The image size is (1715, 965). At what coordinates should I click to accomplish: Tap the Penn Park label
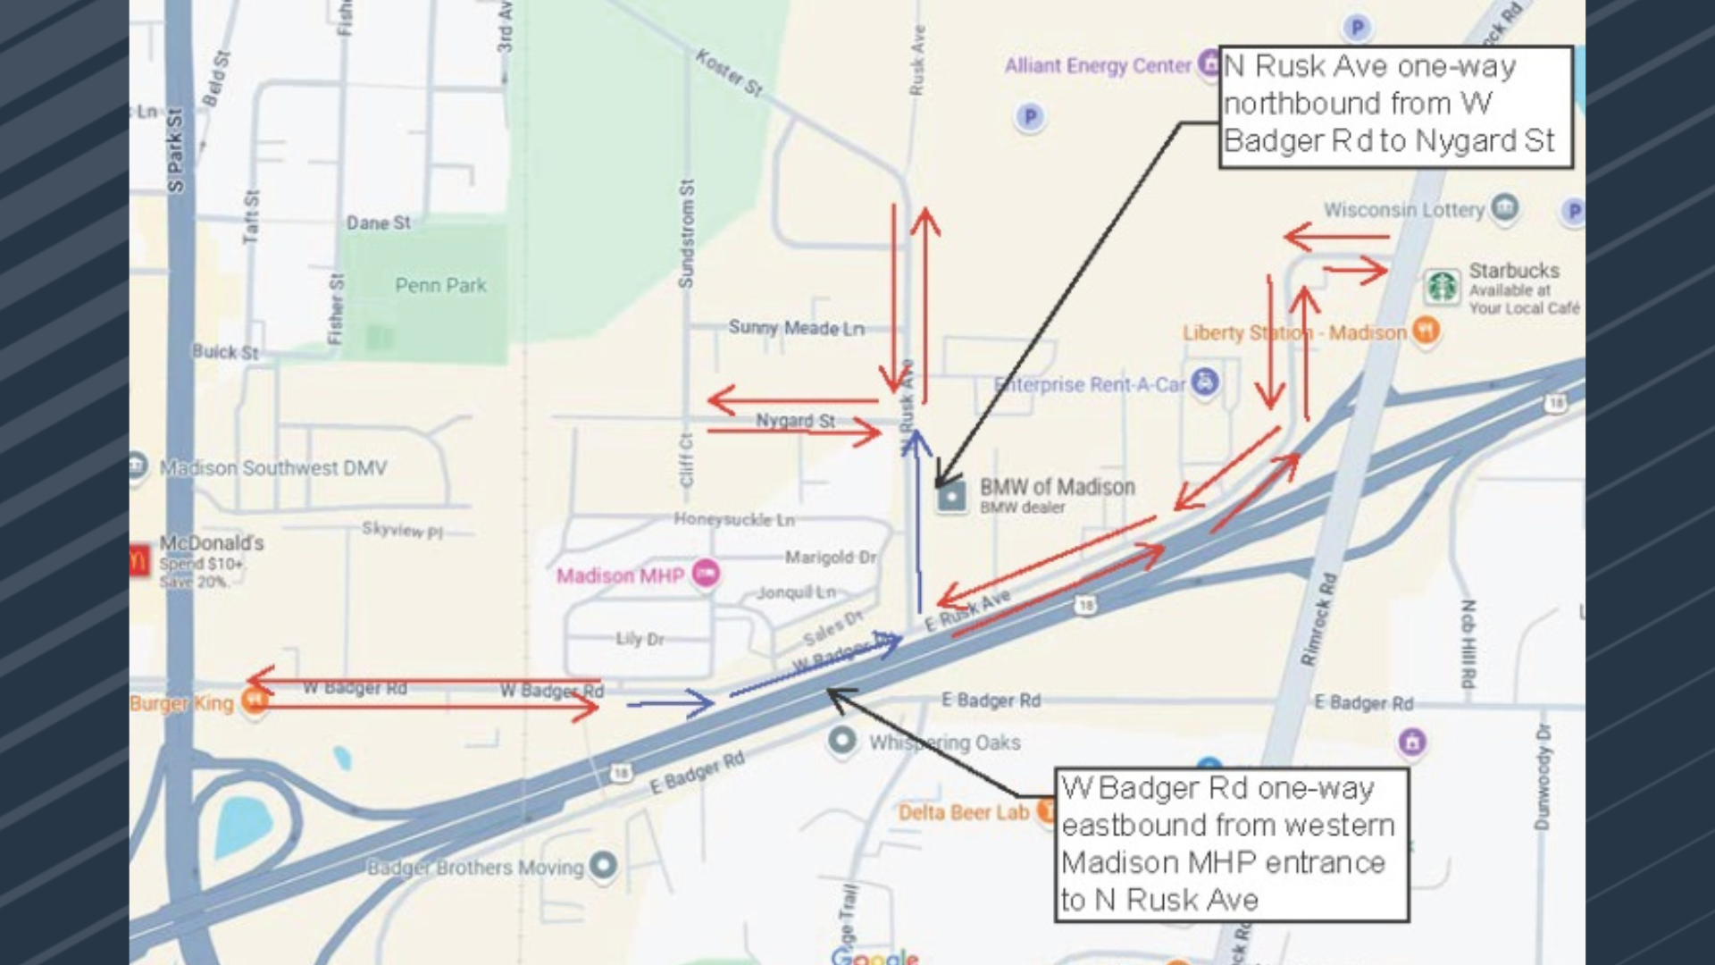pyautogui.click(x=440, y=286)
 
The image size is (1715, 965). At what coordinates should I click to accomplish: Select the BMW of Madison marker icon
pyautogui.click(x=951, y=497)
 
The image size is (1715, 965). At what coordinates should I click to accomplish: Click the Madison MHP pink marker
pyautogui.click(x=706, y=574)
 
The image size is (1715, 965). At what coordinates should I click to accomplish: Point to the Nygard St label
pyautogui.click(x=795, y=420)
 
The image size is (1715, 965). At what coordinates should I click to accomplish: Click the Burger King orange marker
pyautogui.click(x=255, y=701)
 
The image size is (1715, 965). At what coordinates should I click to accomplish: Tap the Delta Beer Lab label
pyautogui.click(x=963, y=812)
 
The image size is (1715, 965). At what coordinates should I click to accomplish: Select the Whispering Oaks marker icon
pyautogui.click(x=841, y=741)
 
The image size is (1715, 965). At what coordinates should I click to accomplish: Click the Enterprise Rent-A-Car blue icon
pyautogui.click(x=1205, y=382)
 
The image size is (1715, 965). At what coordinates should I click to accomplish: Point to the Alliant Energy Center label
pyautogui.click(x=1097, y=66)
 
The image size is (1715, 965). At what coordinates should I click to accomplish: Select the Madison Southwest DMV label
pyautogui.click(x=272, y=468)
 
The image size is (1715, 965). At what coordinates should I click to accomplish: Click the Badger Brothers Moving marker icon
pyautogui.click(x=604, y=865)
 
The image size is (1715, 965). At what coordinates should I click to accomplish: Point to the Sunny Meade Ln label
pyautogui.click(x=796, y=328)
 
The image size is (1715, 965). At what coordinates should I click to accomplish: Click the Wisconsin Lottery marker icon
pyautogui.click(x=1505, y=207)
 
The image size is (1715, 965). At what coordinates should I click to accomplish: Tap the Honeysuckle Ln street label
pyautogui.click(x=733, y=519)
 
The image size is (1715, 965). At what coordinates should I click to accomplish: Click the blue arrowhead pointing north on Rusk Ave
pyautogui.click(x=916, y=441)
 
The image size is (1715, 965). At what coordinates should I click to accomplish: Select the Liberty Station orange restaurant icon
pyautogui.click(x=1426, y=331)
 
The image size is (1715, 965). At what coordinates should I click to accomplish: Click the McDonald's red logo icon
pyautogui.click(x=139, y=560)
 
